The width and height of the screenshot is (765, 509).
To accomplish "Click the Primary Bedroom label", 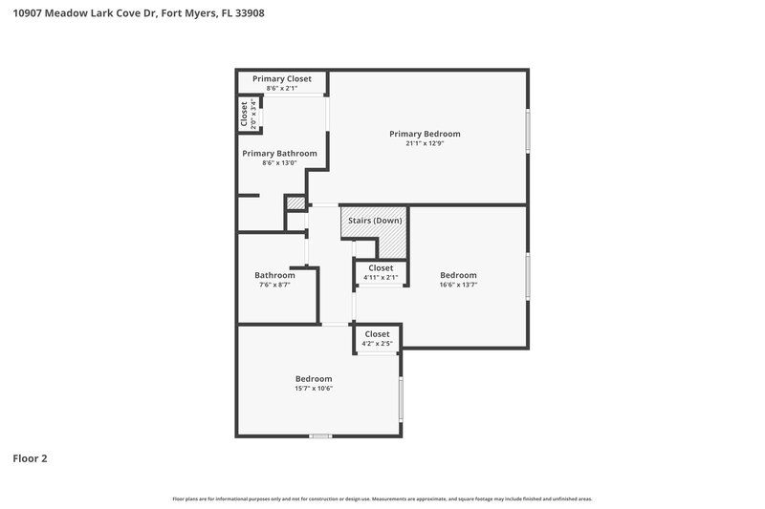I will (425, 134).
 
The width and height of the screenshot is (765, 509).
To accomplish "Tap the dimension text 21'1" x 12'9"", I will (425, 143).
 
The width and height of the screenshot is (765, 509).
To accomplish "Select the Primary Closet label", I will (281, 78).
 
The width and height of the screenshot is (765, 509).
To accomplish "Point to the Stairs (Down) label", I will (375, 221).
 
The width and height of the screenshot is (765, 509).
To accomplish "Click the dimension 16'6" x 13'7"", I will (458, 284).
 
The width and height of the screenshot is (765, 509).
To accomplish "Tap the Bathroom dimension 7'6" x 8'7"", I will (274, 284).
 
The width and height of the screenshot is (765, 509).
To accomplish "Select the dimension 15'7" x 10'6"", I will (314, 388).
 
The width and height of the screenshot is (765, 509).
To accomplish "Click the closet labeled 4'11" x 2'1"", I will (381, 273).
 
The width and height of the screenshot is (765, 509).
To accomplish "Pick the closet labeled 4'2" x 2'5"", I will (378, 339).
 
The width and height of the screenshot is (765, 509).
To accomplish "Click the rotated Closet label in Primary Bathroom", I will (245, 115).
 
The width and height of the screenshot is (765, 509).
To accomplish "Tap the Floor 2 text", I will (30, 458).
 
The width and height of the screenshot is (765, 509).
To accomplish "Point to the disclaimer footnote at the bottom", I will (382, 498).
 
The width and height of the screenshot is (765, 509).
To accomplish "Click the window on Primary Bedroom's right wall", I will (527, 130).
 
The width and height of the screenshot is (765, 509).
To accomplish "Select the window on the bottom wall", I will (320, 435).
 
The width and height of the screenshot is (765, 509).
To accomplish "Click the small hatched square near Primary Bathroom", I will (296, 203).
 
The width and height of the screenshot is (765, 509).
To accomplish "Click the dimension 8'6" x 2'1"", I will (281, 88).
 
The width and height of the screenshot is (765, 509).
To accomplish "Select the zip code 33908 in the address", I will (251, 13).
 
